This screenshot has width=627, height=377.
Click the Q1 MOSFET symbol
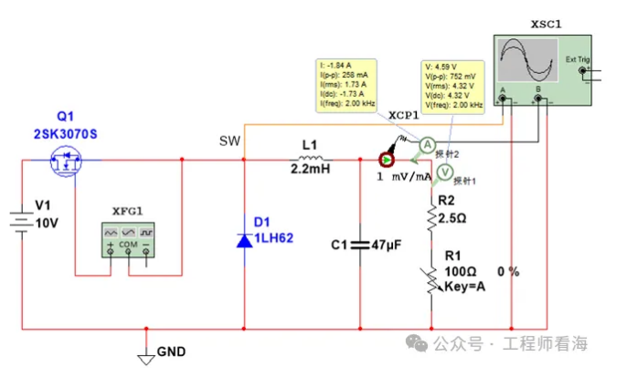[65, 162]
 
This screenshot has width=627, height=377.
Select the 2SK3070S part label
[65, 134]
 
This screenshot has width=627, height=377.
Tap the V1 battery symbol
[20, 222]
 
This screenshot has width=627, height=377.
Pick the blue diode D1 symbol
[244, 240]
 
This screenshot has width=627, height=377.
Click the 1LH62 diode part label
[272, 239]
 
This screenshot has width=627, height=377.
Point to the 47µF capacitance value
[387, 245]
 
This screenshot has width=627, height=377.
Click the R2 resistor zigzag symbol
[430, 218]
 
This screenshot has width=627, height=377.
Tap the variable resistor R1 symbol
[430, 275]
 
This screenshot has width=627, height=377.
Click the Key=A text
[462, 286]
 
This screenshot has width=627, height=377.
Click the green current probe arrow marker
[387, 160]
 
